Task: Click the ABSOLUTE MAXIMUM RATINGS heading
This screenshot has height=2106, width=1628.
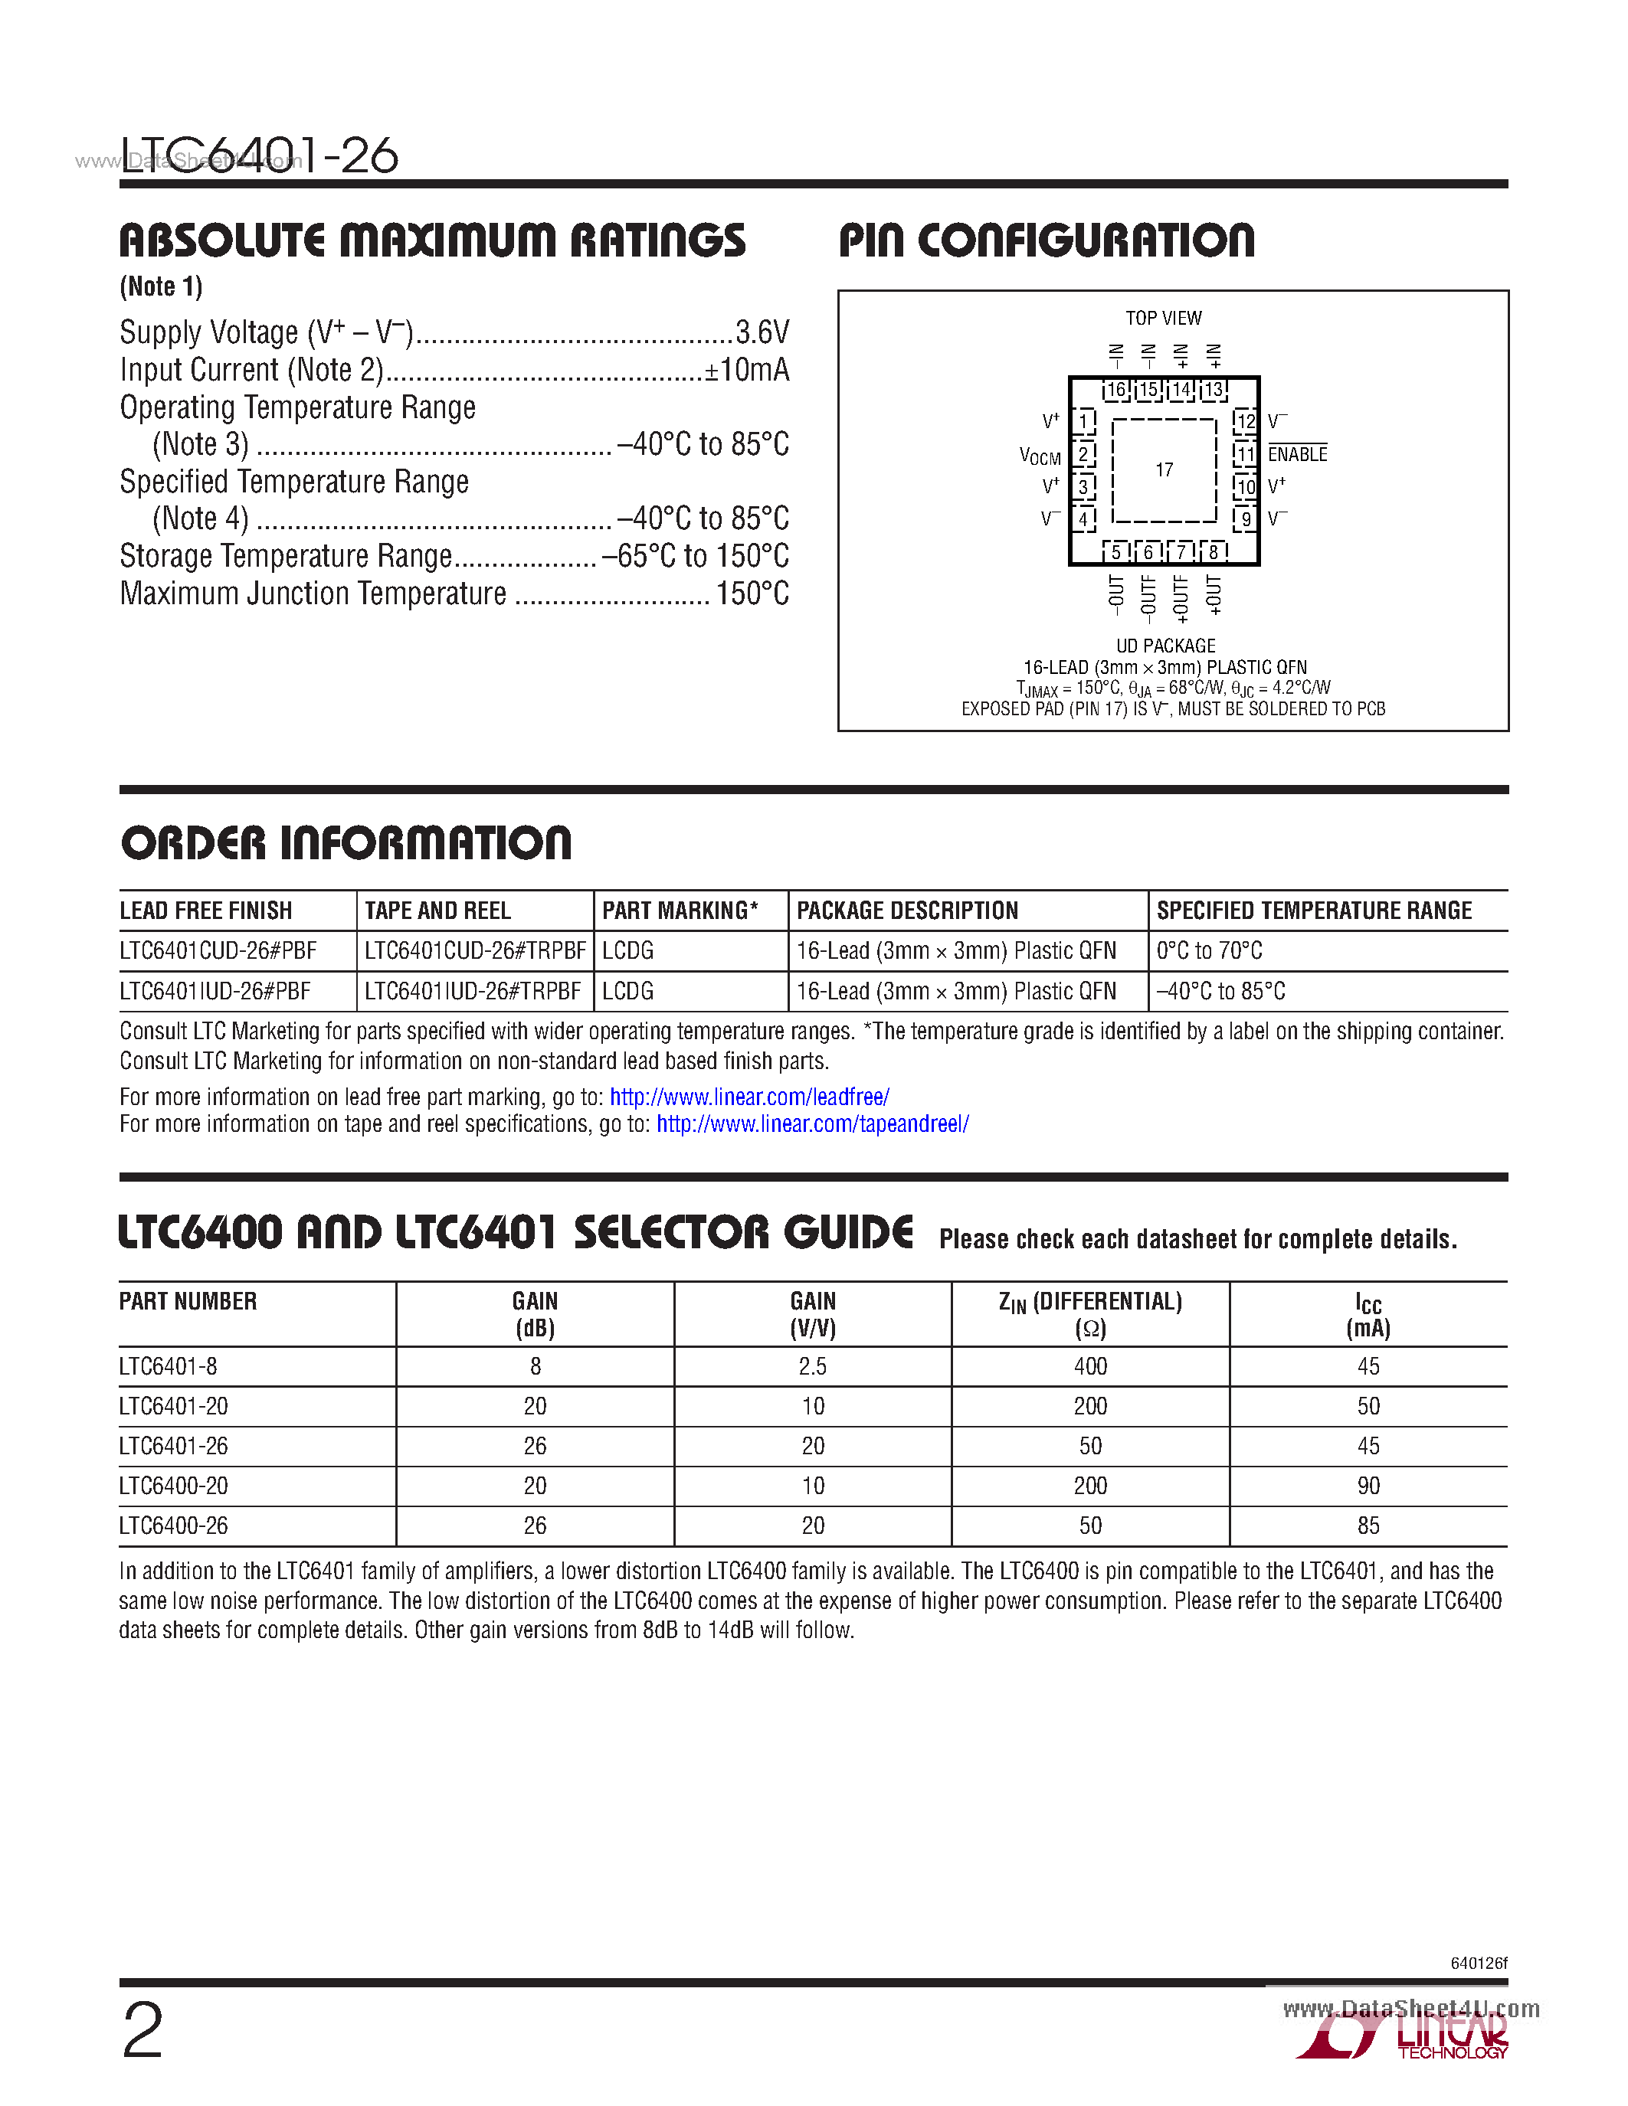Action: [x=432, y=240]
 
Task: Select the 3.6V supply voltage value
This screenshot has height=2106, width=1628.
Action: [x=762, y=332]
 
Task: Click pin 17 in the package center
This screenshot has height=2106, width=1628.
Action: [x=1164, y=469]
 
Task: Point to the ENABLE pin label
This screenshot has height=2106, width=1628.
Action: [x=1297, y=454]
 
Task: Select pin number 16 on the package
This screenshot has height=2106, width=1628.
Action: [x=1116, y=391]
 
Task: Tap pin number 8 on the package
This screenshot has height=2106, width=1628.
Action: [x=1214, y=551]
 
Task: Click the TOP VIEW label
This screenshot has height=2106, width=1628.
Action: [x=1163, y=319]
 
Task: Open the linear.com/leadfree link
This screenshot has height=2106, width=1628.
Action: [x=749, y=1097]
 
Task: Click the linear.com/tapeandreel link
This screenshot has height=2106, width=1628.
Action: [x=812, y=1124]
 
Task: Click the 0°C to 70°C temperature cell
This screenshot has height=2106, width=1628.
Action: [x=1210, y=952]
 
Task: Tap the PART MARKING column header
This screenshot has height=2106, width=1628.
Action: [x=680, y=911]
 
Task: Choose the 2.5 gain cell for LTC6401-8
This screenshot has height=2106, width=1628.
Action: [x=812, y=1367]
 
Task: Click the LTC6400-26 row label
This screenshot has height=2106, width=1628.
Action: [x=174, y=1526]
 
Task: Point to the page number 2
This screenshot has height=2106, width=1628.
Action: [x=142, y=2031]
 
